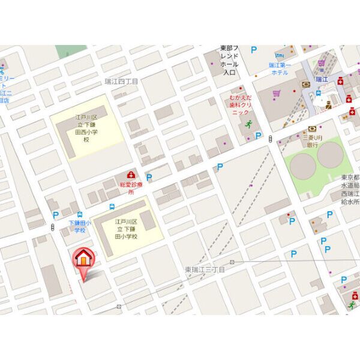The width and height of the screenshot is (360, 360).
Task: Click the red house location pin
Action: click(83, 260)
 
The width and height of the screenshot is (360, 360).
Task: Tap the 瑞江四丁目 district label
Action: click(121, 81)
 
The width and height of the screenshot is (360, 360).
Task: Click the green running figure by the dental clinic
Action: click(248, 125)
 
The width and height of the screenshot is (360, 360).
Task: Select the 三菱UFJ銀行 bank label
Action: click(313, 141)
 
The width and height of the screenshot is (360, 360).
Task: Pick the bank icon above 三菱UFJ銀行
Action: click(312, 128)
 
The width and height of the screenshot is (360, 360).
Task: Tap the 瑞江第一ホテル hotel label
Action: click(279, 68)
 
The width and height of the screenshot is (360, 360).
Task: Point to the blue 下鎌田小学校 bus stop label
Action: click(79, 227)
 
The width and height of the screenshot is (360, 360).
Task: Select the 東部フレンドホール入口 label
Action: click(229, 60)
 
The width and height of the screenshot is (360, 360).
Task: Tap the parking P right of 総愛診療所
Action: click(149, 178)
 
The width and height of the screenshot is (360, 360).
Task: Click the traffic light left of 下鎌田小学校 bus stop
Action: click(54, 228)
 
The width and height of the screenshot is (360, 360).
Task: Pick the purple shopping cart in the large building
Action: click(277, 94)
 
